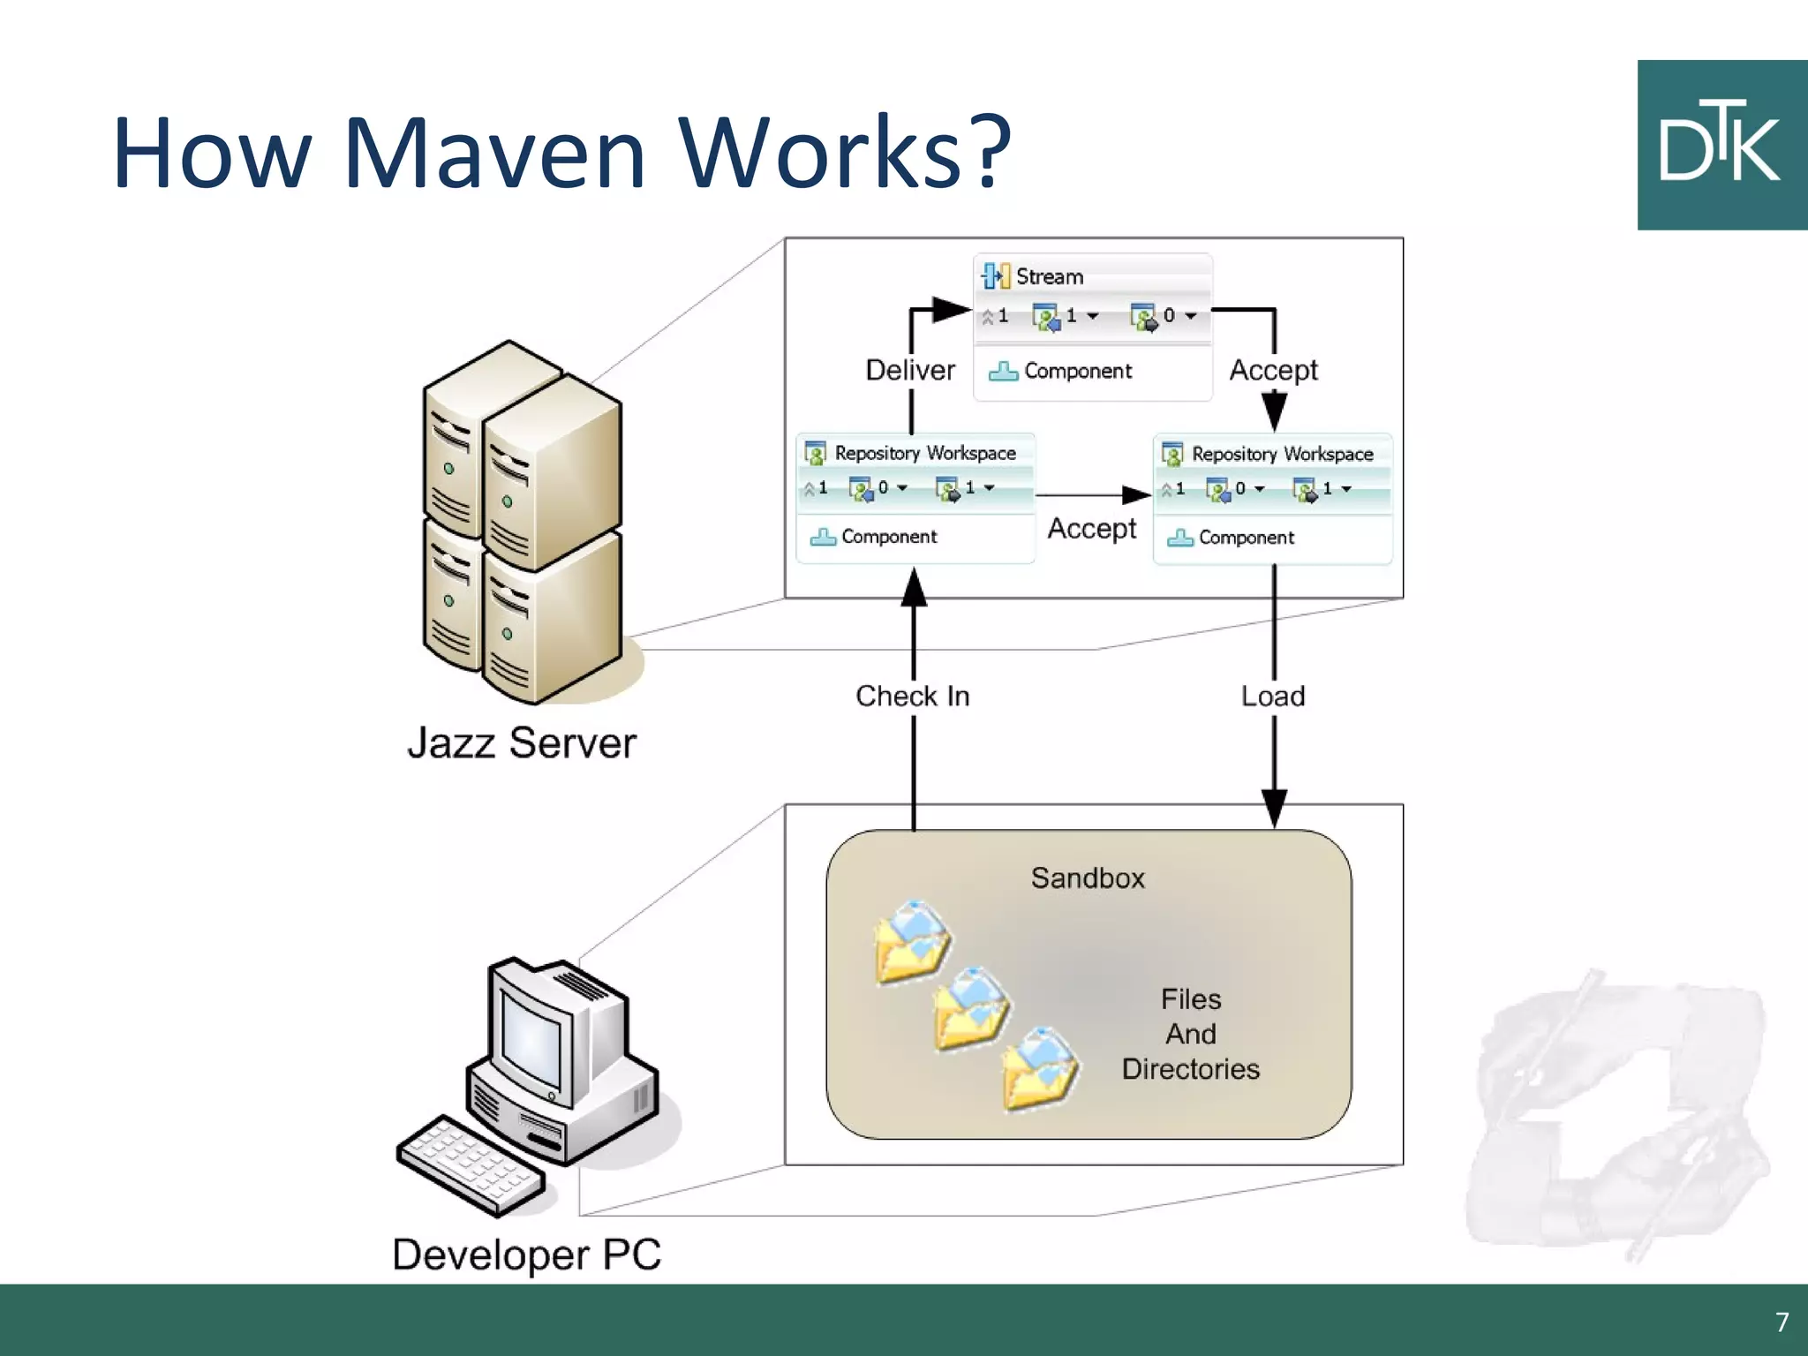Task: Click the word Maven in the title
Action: pos(494,152)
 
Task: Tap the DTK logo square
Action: pos(1721,145)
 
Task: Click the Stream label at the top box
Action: pos(1049,276)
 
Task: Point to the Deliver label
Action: pos(909,370)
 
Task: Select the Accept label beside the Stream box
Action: pos(1273,370)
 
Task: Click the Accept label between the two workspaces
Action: pos(1091,528)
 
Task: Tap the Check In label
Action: pos(912,696)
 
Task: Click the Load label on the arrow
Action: pos(1272,696)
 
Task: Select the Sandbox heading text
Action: pos(1088,878)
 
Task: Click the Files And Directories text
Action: pos(1190,1034)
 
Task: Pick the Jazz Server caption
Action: pos(521,743)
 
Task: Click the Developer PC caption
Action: pos(526,1254)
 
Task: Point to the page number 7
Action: pos(1782,1322)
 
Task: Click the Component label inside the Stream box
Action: pos(1077,371)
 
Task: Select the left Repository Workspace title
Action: pos(924,453)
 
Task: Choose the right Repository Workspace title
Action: pos(1282,454)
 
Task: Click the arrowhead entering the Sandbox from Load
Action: pos(1274,809)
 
